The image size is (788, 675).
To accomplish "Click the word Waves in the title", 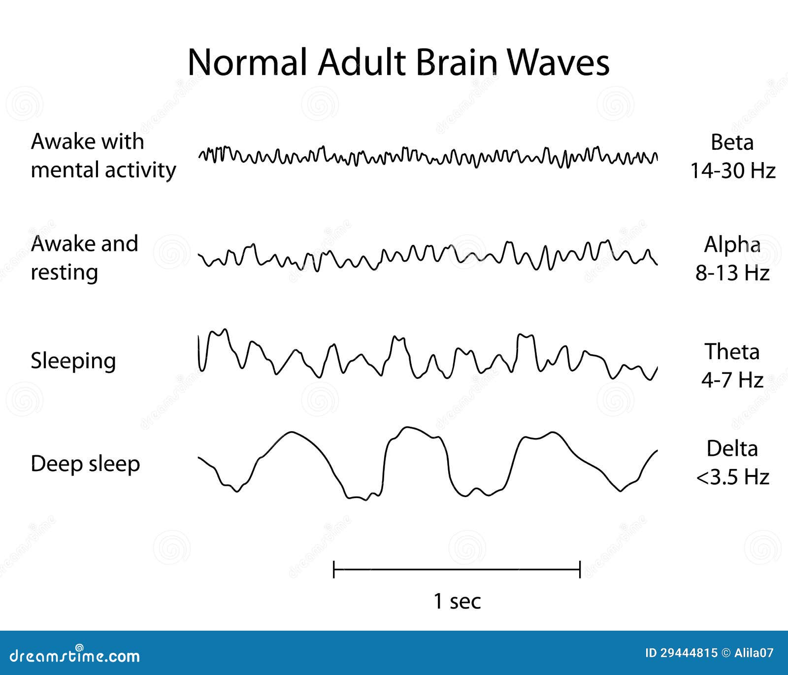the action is coord(558,62).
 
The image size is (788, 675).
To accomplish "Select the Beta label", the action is coord(732,142).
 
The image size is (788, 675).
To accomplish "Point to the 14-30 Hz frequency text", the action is coord(732,171).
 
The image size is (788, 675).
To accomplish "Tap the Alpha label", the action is coord(732,244).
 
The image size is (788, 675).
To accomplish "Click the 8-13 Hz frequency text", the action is coord(732,273).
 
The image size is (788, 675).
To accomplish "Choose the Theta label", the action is coord(732,352).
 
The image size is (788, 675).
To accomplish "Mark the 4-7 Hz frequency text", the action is coord(732,380).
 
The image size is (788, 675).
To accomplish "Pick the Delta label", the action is coord(732,448).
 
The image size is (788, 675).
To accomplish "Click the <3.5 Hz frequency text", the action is coord(732,477).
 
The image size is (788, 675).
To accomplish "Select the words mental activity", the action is coord(103,170).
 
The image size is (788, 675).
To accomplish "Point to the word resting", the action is coord(65,273).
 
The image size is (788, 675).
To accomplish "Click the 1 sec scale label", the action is coord(457,601).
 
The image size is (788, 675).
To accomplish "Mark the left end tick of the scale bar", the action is coord(334,569).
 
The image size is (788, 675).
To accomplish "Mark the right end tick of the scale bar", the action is coord(580,569).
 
